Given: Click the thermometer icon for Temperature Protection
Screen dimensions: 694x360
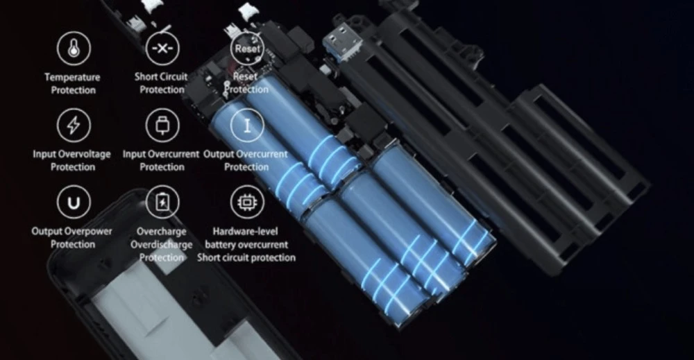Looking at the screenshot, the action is pos(74,48).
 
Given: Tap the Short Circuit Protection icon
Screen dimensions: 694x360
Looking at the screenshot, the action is pos(162,48).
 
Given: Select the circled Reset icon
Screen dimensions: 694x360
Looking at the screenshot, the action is pos(247,48).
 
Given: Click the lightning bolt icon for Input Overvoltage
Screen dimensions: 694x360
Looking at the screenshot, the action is pos(74,125).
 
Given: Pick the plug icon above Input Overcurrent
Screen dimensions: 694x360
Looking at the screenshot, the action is pos(162,125).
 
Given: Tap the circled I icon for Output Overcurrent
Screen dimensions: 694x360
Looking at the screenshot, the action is pos(247,125).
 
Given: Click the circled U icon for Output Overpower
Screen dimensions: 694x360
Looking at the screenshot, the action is pos(74,202).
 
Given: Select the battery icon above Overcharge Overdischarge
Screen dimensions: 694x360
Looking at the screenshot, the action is pos(162,202).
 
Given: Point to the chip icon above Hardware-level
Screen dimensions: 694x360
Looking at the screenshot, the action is pos(247,202).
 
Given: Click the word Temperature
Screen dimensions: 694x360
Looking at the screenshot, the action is pos(73,78).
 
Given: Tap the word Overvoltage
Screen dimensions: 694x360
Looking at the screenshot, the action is pos(85,155).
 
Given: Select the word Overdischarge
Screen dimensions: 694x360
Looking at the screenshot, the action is pos(162,245).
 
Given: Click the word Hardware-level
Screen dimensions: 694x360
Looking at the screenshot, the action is pos(245,231).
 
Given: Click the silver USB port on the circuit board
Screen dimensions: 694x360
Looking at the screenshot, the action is pos(342,41).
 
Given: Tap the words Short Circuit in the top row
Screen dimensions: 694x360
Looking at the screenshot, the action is pos(161,76).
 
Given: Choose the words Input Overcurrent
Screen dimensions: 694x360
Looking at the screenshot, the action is pos(161,155).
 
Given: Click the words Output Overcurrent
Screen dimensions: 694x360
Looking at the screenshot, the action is pos(246,155).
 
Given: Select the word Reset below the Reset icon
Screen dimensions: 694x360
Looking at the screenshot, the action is pos(246,76).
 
